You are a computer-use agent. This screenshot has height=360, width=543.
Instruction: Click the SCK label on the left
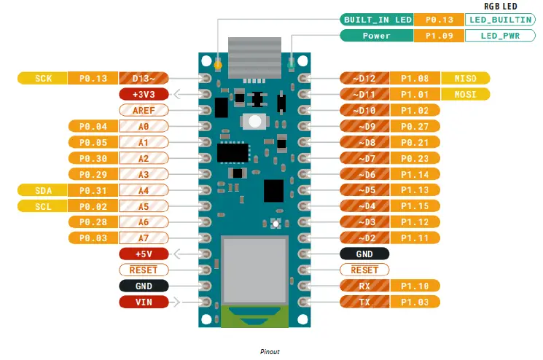coord(42,79)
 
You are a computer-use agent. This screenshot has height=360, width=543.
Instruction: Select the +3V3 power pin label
coord(144,94)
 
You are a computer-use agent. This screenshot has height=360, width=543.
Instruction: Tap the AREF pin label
coord(144,110)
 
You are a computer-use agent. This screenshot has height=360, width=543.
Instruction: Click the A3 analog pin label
coord(144,174)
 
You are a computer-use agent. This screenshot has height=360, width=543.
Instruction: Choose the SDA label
coord(42,190)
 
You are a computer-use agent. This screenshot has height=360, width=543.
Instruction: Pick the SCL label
coord(42,206)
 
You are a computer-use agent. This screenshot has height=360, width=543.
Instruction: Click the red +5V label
coord(144,254)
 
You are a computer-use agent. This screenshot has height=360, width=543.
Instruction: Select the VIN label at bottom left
coord(144,302)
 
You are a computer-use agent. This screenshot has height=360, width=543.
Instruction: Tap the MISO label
coord(465,78)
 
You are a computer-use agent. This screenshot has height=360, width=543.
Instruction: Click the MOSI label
coord(465,94)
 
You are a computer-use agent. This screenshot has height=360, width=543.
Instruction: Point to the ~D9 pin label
coord(365,126)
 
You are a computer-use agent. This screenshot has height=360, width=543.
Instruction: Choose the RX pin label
coord(365,286)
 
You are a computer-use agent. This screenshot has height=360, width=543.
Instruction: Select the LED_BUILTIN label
coord(496,20)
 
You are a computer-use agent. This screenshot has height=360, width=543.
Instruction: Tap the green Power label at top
coord(377,35)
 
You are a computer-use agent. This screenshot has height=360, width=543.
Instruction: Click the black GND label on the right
coord(365,254)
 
